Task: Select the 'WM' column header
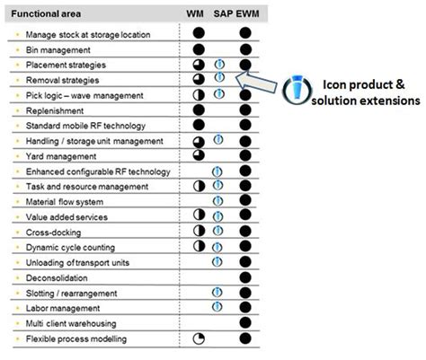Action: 194,15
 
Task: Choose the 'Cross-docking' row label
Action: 57,232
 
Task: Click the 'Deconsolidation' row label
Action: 60,277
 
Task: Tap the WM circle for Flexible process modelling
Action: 200,338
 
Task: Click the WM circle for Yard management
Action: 200,156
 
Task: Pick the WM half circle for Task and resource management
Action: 200,186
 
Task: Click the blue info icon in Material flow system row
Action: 217,201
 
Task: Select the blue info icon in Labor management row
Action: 217,307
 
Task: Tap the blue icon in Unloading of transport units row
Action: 217,262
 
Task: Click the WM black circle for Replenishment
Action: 200,110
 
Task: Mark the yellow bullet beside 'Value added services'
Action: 18,217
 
